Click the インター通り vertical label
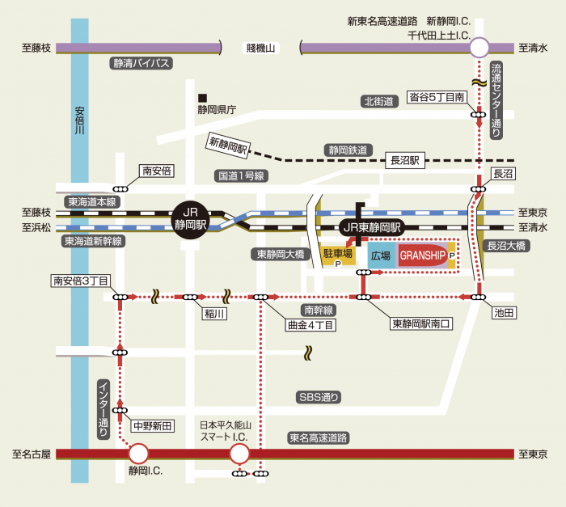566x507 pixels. coord(103,408)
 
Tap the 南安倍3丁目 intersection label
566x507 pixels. coord(81,281)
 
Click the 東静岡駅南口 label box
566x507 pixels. coord(421,323)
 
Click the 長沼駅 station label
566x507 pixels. coord(406,160)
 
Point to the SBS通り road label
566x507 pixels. coord(319,397)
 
